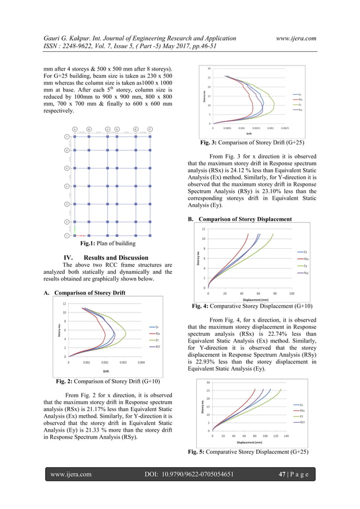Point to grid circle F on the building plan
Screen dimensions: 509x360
pyautogui.click(x=150, y=129)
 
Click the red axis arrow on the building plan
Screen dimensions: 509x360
pyautogui.click(x=80, y=235)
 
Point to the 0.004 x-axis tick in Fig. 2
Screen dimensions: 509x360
pyautogui.click(x=142, y=363)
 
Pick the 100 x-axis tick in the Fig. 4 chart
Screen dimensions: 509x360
pyautogui.click(x=292, y=293)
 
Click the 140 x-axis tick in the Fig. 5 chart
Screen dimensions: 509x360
pyautogui.click(x=286, y=436)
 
